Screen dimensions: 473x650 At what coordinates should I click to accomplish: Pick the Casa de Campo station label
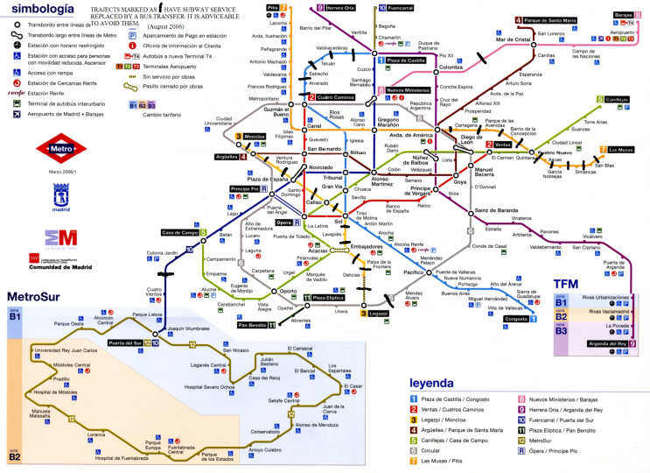click(x=178, y=232)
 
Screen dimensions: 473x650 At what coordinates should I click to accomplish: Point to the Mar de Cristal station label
click(x=514, y=39)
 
